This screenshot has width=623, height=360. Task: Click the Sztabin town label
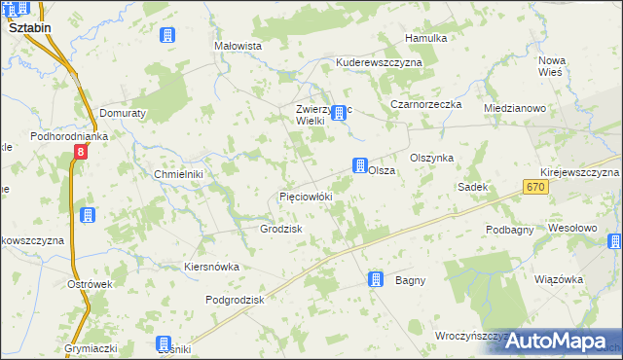pyautogui.click(x=29, y=29)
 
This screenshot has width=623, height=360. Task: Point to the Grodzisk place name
pyautogui.click(x=281, y=229)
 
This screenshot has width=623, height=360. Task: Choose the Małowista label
pyautogui.click(x=238, y=46)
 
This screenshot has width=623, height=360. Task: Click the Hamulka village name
pyautogui.click(x=426, y=38)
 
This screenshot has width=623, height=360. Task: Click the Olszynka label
pyautogui.click(x=432, y=158)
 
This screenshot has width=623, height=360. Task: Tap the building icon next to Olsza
pyautogui.click(x=360, y=165)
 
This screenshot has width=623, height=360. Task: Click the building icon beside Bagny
pyautogui.click(x=376, y=280)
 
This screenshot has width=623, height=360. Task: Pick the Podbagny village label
pyautogui.click(x=509, y=230)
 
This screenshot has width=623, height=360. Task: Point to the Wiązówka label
pyautogui.click(x=559, y=279)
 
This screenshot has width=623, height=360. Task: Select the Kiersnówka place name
pyautogui.click(x=211, y=267)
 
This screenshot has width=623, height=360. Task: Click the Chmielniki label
pyautogui.click(x=178, y=174)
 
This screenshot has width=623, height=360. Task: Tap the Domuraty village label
pyautogui.click(x=122, y=113)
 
